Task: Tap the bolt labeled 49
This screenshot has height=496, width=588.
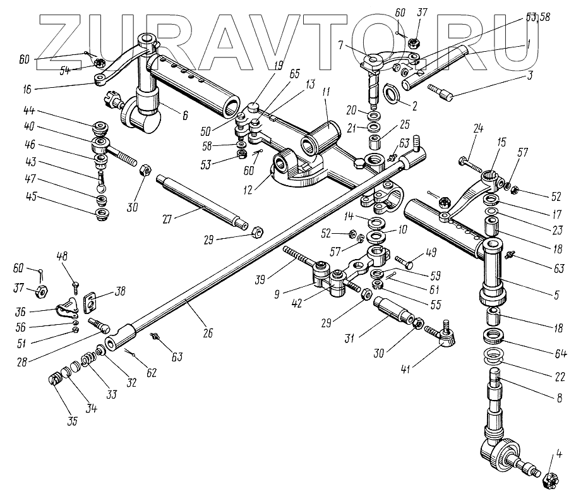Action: click(x=405, y=260)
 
